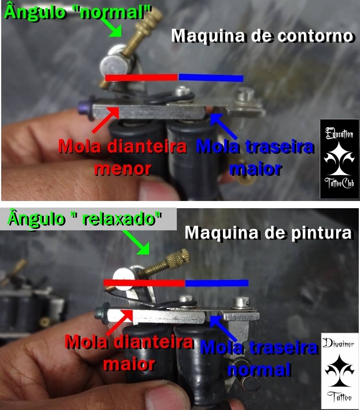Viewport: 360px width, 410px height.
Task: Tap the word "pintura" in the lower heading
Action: click(x=322, y=233)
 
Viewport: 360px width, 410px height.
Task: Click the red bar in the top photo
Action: click(x=142, y=77)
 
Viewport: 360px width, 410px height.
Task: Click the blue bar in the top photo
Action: click(x=211, y=78)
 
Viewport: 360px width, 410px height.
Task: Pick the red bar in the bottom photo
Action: click(x=144, y=283)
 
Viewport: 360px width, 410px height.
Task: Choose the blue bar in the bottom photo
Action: click(x=217, y=283)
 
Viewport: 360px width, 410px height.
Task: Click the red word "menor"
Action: click(x=123, y=169)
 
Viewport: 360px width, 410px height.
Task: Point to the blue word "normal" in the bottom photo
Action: click(x=260, y=370)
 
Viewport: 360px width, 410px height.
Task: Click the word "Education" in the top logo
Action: click(x=339, y=134)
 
